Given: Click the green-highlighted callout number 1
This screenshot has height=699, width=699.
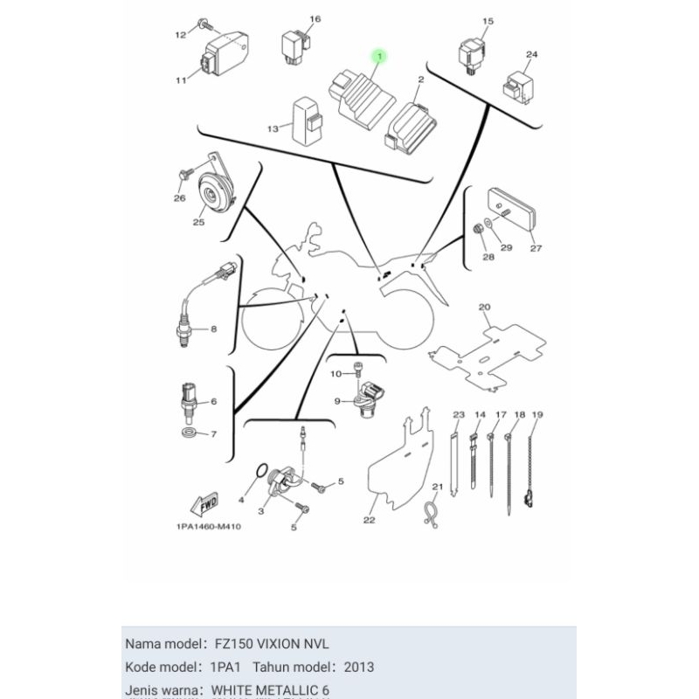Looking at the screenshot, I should [379, 56].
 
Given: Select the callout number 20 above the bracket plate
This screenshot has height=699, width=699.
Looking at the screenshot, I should [485, 307].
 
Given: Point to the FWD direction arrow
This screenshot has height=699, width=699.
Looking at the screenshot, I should [204, 504].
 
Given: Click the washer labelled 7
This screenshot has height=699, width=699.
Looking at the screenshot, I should [188, 433].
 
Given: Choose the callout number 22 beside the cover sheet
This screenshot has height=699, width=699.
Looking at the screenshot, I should [369, 521].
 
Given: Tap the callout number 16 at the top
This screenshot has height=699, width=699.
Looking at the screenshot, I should [291, 19].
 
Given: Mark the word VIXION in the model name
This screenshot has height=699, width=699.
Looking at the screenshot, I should [271, 644].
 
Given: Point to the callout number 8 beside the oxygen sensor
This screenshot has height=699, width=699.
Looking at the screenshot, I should [213, 329].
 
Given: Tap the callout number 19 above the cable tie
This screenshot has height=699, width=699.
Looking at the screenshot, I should [537, 414].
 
